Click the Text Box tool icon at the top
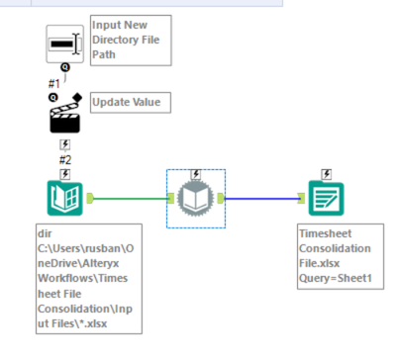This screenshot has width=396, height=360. coord(65,44)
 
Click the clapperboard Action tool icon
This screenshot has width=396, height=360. coord(64,118)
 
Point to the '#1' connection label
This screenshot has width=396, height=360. coord(54,83)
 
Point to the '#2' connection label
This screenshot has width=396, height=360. coord(64,158)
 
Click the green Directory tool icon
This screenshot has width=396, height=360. coord(64,198)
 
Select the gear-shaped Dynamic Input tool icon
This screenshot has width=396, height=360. coord(196,199)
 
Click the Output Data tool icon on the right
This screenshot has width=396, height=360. coord(326,199)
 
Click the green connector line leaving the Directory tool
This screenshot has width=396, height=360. coord(129,199)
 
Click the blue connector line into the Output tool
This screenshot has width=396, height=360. coord(262,199)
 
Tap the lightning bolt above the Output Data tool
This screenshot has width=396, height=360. coord(326,174)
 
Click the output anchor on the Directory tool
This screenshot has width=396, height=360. coord(90,199)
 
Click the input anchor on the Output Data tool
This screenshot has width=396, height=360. coord(301,199)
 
